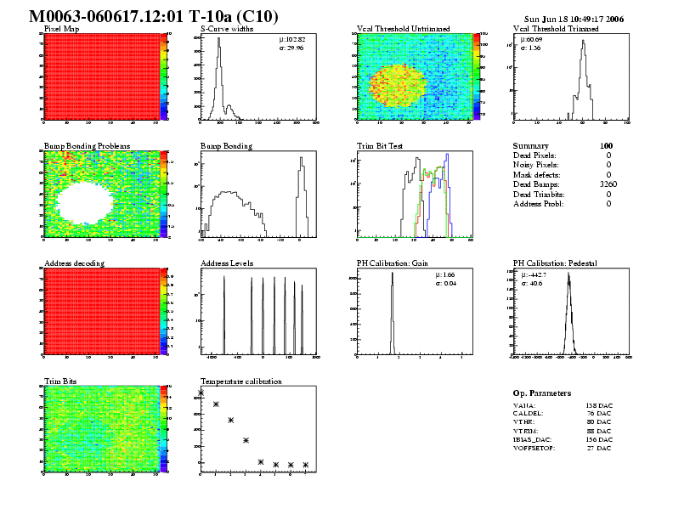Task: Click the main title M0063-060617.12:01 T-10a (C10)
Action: click(x=153, y=17)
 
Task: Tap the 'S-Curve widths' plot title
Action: click(x=225, y=29)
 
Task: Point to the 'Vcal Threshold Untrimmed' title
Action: click(x=402, y=29)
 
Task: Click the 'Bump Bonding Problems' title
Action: click(x=80, y=146)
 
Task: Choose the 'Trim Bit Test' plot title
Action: click(x=380, y=146)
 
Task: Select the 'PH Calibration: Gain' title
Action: click(x=392, y=263)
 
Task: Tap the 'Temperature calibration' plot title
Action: click(x=240, y=382)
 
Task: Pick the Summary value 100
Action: click(x=606, y=146)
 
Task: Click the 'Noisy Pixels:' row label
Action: click(x=536, y=165)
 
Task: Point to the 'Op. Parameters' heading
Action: click(x=542, y=393)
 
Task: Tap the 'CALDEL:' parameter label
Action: click(x=528, y=415)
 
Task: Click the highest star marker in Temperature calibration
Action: click(x=201, y=393)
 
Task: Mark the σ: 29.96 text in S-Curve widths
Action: click(x=292, y=48)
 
